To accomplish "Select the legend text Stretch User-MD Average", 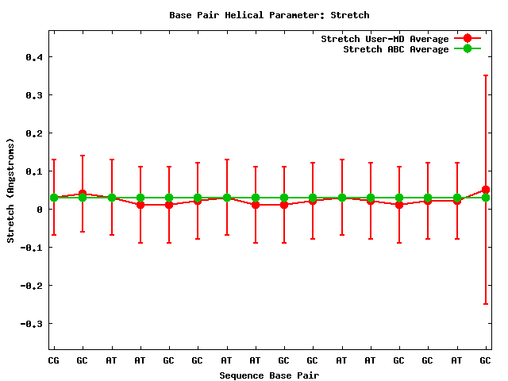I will click(x=384, y=39).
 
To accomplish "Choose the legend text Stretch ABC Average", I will click(x=395, y=49).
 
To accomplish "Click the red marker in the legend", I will click(x=468, y=39).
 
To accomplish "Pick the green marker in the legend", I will click(x=468, y=49).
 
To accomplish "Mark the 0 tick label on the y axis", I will click(x=40, y=210).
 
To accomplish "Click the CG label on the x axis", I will click(x=54, y=360).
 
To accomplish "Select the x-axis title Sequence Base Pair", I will click(x=269, y=375).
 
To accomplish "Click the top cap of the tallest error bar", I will click(x=486, y=75).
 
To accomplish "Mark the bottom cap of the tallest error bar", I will click(x=486, y=304).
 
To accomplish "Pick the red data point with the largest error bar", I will click(x=486, y=190).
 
